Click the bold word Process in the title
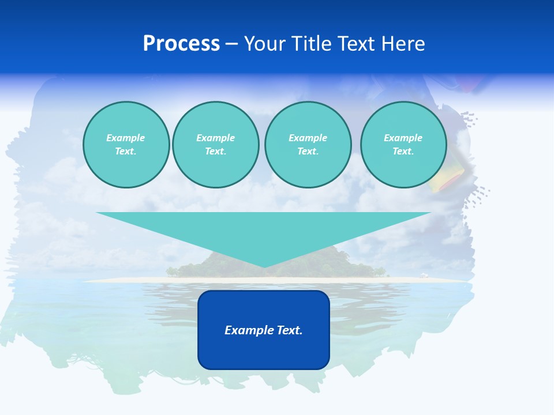click(181, 44)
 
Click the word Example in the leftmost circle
click(126, 138)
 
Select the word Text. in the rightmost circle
click(403, 151)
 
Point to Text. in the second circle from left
click(215, 151)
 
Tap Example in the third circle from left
click(308, 138)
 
